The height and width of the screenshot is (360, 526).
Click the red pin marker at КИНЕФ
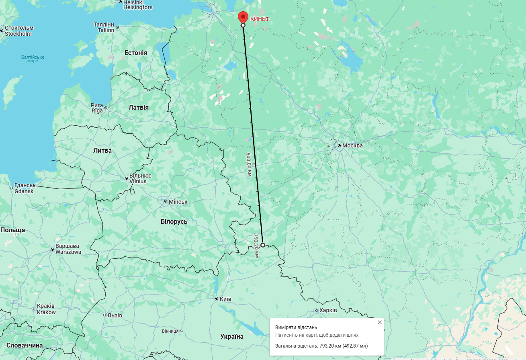pyautogui.click(x=243, y=17)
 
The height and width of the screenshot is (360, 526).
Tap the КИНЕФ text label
pyautogui.click(x=260, y=19)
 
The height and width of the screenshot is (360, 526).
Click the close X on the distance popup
pyautogui.click(x=380, y=322)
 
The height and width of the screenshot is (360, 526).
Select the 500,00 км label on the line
pyautogui.click(x=249, y=165)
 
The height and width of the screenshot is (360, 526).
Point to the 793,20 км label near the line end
pyautogui.click(x=256, y=245)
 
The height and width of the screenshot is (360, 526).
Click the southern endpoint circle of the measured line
pyautogui.click(x=262, y=245)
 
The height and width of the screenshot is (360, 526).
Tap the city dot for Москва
pyautogui.click(x=339, y=145)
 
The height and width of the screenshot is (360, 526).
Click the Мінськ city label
pyautogui.click(x=178, y=201)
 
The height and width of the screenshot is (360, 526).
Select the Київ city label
pyautogui.click(x=225, y=299)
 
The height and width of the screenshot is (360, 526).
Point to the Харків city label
pyautogui.click(x=328, y=311)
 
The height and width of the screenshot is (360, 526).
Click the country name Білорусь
pyautogui.click(x=174, y=221)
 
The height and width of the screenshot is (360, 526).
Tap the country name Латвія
pyautogui.click(x=138, y=108)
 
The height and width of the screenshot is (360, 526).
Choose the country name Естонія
pyautogui.click(x=136, y=53)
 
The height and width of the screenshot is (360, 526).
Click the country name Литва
pyautogui.click(x=102, y=151)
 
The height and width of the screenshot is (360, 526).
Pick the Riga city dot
pyautogui.click(x=106, y=108)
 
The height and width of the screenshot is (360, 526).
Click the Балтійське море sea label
pyautogui.click(x=33, y=59)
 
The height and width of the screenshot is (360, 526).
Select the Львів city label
pyautogui.click(x=115, y=315)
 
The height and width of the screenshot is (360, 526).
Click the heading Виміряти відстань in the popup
pyautogui.click(x=296, y=327)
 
